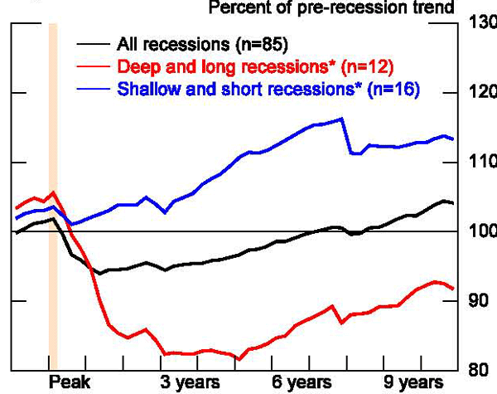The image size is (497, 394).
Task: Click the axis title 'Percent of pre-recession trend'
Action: point(331,8)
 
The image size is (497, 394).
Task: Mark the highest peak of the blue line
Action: point(342,119)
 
